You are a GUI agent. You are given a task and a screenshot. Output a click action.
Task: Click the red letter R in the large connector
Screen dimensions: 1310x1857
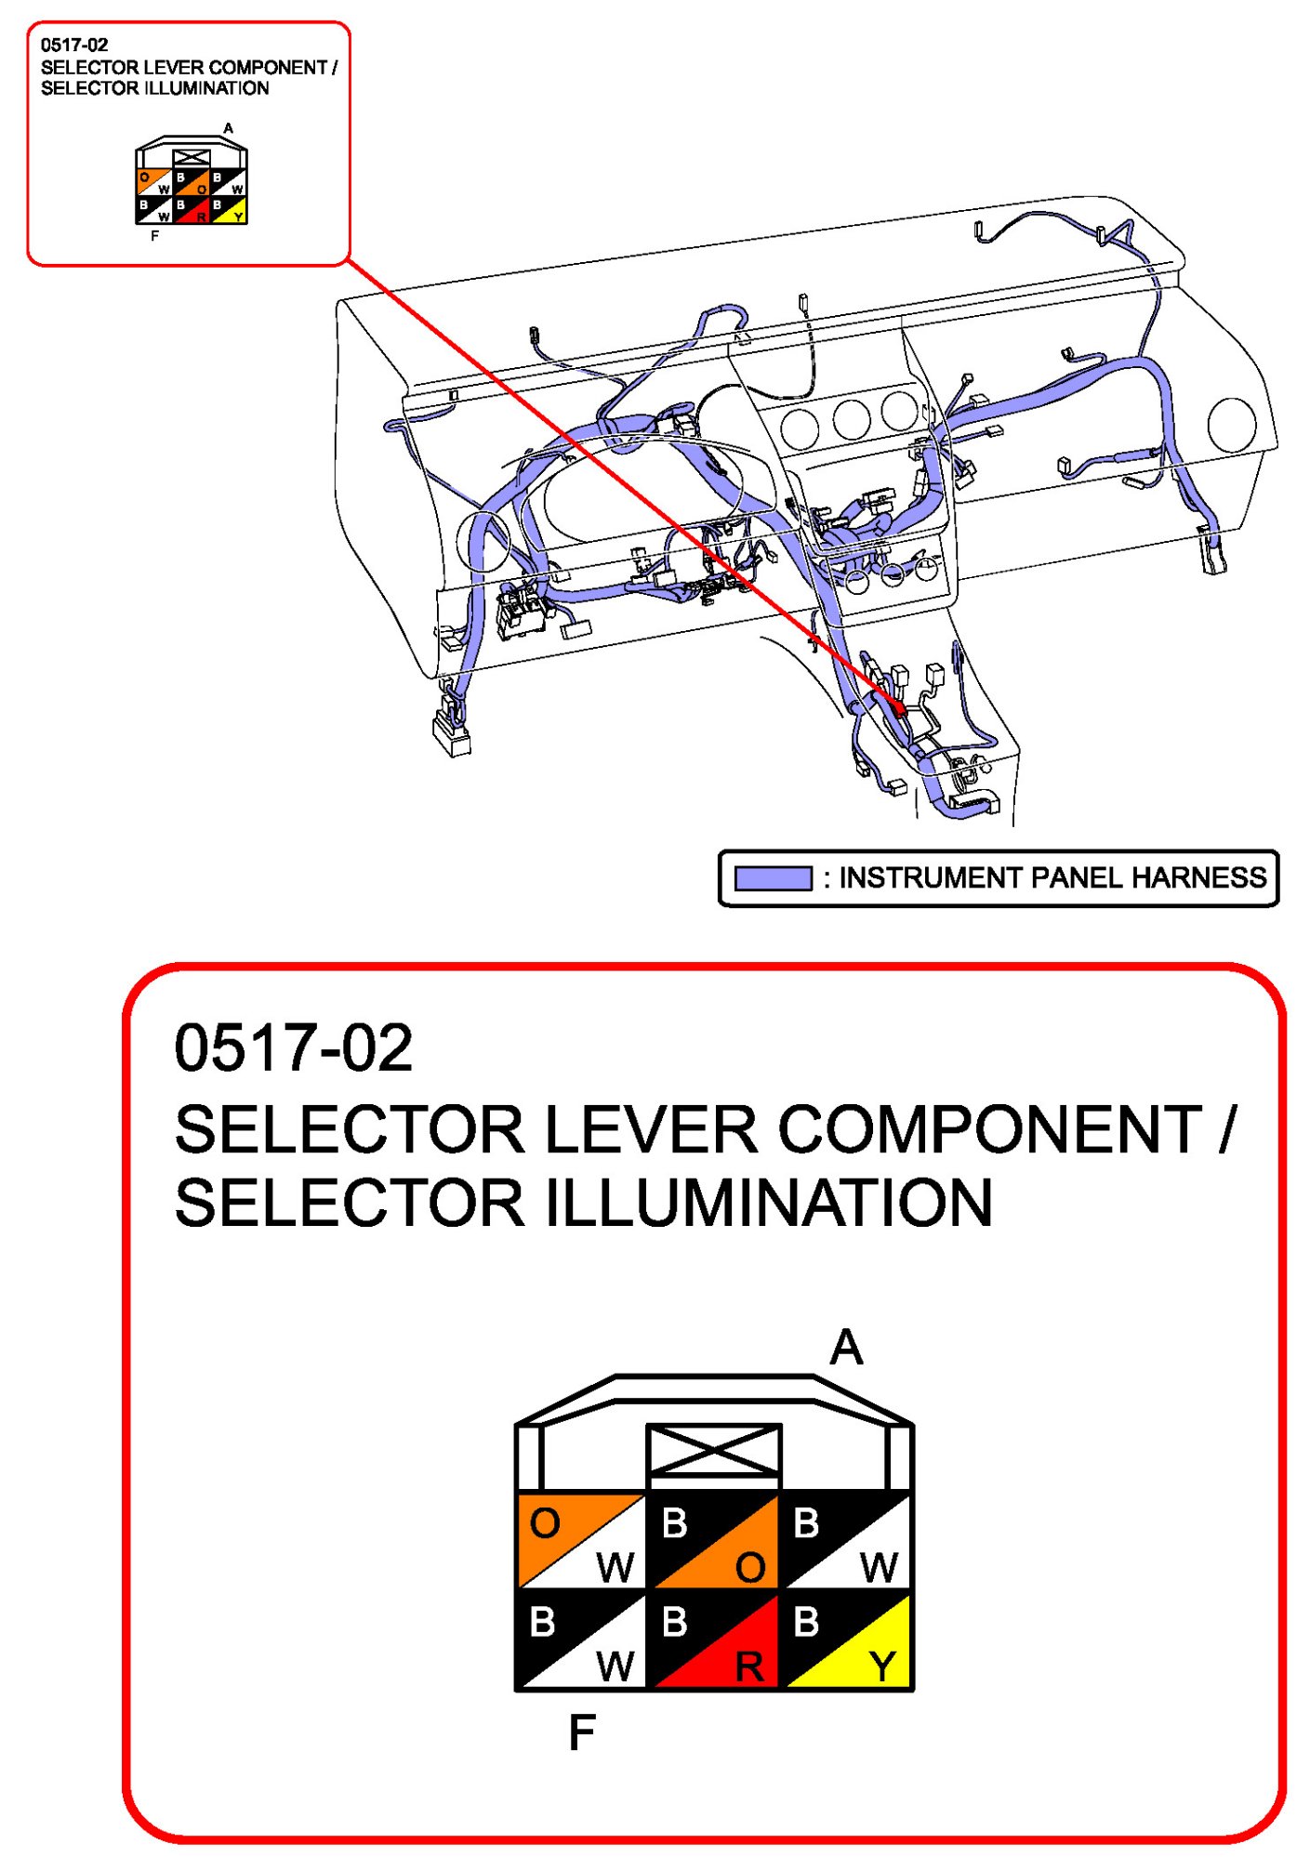(749, 1667)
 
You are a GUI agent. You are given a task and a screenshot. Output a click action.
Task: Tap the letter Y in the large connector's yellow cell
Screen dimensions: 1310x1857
(882, 1666)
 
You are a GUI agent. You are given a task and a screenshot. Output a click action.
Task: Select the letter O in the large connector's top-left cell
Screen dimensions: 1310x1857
(545, 1523)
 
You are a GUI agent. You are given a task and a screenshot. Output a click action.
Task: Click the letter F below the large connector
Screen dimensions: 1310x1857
(582, 1732)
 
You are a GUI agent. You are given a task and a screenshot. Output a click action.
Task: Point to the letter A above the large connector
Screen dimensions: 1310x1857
(846, 1348)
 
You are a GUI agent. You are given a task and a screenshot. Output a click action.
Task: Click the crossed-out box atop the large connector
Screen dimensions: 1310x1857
(714, 1450)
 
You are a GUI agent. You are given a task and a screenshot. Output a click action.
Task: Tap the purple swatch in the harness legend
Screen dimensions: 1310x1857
(773, 878)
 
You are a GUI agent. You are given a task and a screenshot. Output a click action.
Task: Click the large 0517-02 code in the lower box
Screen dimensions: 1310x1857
(293, 1048)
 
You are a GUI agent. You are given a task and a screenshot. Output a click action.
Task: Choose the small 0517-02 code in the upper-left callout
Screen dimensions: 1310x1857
(74, 45)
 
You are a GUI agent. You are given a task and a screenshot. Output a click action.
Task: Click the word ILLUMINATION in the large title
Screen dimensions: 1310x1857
(768, 1203)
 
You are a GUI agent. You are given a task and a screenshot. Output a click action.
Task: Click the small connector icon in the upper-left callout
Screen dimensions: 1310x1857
(192, 182)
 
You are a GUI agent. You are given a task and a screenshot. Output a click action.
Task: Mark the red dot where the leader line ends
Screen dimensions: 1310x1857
(899, 709)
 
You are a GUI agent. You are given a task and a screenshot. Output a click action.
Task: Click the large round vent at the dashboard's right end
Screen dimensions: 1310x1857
(1232, 424)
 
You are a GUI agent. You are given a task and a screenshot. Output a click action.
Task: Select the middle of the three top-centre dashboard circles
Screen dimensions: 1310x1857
(851, 418)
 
